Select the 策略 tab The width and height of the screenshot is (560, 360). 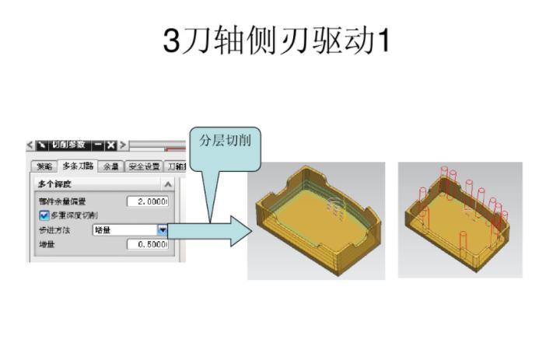[x=44, y=167]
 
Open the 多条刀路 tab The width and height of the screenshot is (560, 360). [x=79, y=166]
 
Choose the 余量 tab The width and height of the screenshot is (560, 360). [x=112, y=167]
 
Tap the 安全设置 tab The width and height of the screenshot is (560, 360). [x=145, y=167]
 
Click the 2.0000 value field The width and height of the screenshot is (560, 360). [x=147, y=201]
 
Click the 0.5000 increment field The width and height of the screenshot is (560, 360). [x=147, y=244]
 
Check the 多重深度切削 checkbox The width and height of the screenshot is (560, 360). [x=44, y=215]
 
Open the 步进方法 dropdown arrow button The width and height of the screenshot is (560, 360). [x=163, y=230]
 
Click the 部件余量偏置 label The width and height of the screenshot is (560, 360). [x=62, y=201]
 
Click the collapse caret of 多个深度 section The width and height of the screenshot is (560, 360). [x=167, y=184]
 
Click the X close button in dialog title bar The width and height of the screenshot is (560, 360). [x=111, y=145]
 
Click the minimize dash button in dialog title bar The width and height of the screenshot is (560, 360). [x=98, y=145]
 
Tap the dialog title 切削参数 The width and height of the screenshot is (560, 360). [x=69, y=145]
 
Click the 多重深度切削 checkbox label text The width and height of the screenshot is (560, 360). [x=75, y=215]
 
